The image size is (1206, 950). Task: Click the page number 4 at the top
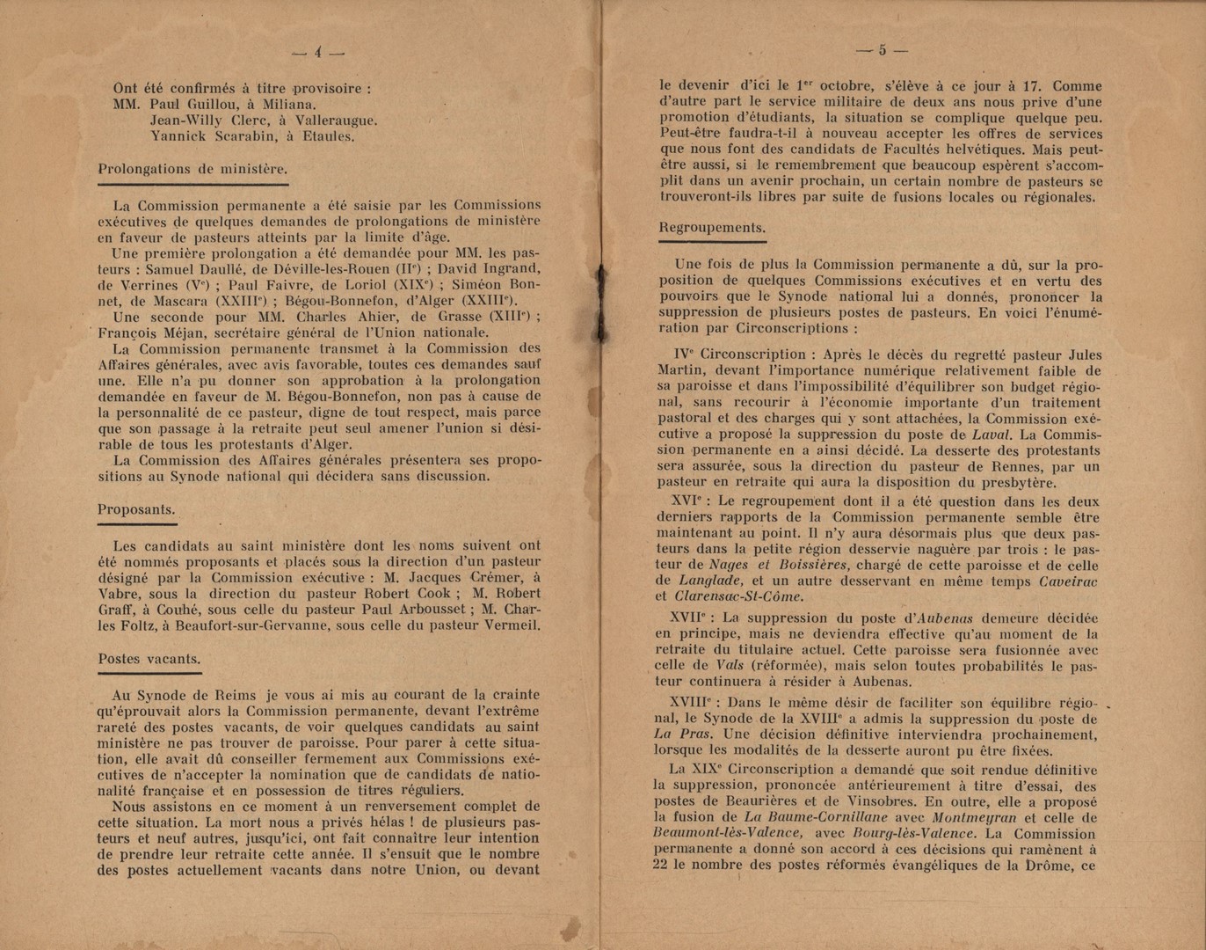pos(317,53)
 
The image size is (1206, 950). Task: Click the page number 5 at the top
pos(882,50)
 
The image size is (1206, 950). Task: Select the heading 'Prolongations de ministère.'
pos(192,169)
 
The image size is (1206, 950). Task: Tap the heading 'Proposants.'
pos(136,509)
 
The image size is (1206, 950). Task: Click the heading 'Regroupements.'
pos(712,228)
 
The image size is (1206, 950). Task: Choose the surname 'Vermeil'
pos(512,625)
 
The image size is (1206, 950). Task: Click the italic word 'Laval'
pos(992,435)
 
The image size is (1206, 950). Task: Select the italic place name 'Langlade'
pos(710,581)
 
